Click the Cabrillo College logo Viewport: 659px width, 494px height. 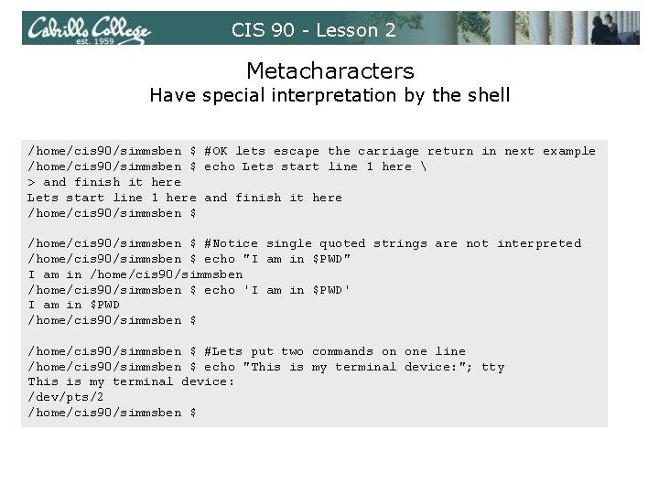(90, 28)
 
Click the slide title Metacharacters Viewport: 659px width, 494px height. (329, 70)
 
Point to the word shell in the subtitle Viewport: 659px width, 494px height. (487, 95)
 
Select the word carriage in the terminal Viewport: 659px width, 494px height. (388, 151)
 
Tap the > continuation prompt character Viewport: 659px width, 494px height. (32, 182)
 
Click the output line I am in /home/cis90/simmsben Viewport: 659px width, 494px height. (135, 274)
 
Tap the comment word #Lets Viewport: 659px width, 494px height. (223, 351)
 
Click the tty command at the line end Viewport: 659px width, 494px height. (492, 367)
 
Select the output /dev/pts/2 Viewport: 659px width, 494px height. (66, 398)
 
